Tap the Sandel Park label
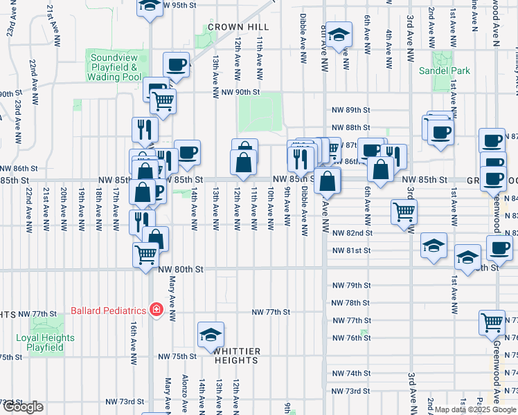[444, 71]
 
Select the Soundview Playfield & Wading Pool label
[114, 67]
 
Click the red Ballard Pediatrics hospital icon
[157, 309]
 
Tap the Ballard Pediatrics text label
[108, 310]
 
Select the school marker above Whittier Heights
[211, 335]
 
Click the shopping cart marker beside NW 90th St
[163, 101]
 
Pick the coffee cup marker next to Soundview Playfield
[176, 65]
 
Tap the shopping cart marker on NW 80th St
[146, 254]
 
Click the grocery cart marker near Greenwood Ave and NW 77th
[492, 322]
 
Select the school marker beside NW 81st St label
[434, 246]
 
